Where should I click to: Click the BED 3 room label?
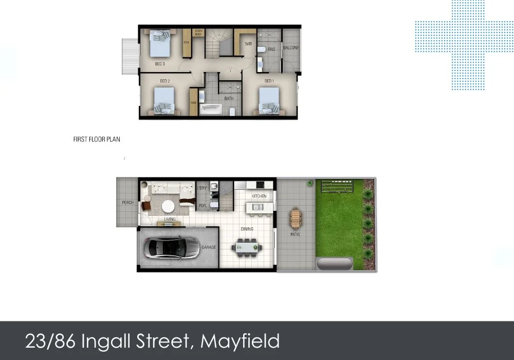[x=160, y=64]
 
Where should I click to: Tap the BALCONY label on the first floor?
[x=291, y=48]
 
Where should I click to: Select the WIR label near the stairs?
[x=248, y=44]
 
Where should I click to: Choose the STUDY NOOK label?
[x=199, y=33]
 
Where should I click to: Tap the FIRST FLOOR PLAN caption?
[x=97, y=139]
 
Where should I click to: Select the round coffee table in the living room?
[x=168, y=206]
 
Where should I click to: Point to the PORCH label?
[x=127, y=203]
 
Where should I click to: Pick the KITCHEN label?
[x=259, y=197]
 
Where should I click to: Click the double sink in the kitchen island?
[x=258, y=207]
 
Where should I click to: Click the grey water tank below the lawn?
[x=335, y=264]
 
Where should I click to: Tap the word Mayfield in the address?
[x=240, y=340]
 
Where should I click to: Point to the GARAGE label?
[x=209, y=247]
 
